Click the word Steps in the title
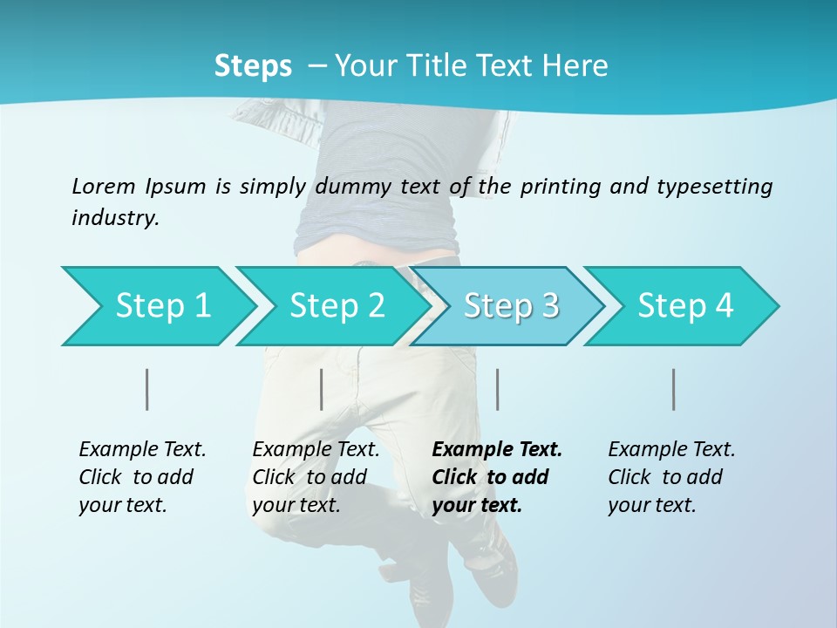pos(253,66)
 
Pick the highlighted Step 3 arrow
pos(511,306)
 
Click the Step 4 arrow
pos(685,306)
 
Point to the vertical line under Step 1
pos(147,389)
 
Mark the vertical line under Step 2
pos(322,389)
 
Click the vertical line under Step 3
pos(498,389)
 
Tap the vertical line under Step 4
pos(674,389)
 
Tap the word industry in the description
pos(115,218)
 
